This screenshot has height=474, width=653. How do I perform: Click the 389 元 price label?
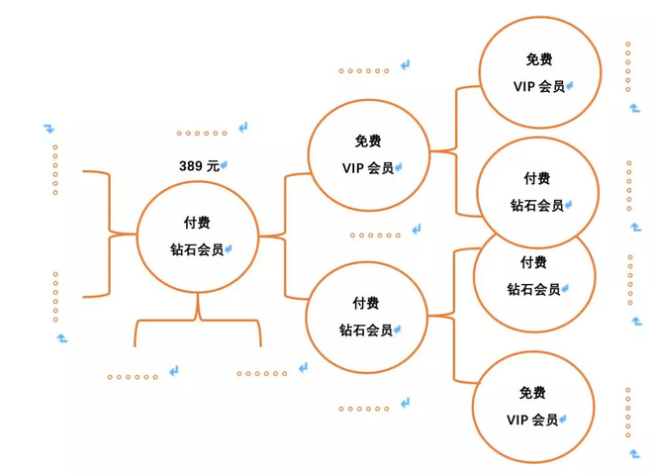click(x=199, y=166)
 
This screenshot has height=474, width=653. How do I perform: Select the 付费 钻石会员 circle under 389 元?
click(x=197, y=236)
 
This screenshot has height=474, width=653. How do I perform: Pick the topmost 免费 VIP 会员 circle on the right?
click(x=538, y=72)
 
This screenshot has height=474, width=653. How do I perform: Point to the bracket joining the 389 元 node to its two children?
click(x=284, y=236)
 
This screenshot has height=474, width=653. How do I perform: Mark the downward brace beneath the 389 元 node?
click(x=198, y=320)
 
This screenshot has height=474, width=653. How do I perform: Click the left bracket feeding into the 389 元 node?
click(x=103, y=234)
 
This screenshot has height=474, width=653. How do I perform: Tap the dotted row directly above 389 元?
click(x=202, y=133)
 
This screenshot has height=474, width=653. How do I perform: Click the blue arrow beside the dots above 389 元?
click(x=242, y=129)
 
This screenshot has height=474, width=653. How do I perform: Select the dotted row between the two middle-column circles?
click(x=375, y=236)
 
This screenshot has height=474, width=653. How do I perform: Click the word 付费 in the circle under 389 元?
click(x=197, y=223)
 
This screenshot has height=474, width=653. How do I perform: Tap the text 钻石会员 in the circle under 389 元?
click(x=197, y=248)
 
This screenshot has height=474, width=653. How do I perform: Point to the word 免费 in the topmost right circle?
click(x=539, y=59)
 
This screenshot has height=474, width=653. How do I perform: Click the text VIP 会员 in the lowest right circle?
click(x=532, y=420)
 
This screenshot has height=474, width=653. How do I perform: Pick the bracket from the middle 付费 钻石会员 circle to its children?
click(x=453, y=315)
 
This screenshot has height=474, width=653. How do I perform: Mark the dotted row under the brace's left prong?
click(x=133, y=376)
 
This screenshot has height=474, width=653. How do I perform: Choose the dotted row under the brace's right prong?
click(x=261, y=373)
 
